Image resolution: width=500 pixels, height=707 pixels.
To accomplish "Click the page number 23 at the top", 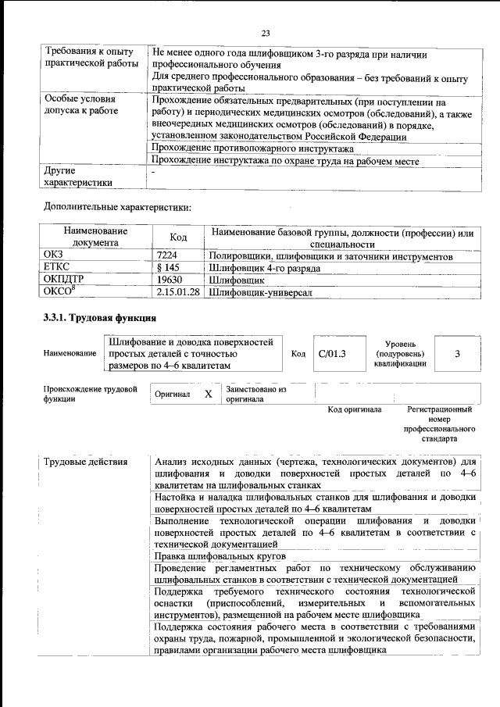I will coord(265,33).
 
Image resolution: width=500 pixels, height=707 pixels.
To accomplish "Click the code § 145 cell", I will coord(169,268).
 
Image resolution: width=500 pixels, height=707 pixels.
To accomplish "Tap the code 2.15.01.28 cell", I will coord(178,291).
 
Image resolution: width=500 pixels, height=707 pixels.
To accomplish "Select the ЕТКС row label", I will coord(58,268).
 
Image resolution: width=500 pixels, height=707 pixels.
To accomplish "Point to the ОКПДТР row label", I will coord(64,280).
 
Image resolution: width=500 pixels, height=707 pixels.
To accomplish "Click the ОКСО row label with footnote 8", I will coord(61,291).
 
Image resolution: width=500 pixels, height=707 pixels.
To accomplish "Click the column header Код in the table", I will coord(178,237).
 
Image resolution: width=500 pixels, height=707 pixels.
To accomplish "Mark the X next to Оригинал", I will coord(208,394).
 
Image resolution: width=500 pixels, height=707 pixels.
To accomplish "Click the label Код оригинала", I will coord(354,409).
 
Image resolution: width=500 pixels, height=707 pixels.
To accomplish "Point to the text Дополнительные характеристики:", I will coord(116,208).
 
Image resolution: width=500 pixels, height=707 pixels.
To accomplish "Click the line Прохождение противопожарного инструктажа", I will coord(253,148).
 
